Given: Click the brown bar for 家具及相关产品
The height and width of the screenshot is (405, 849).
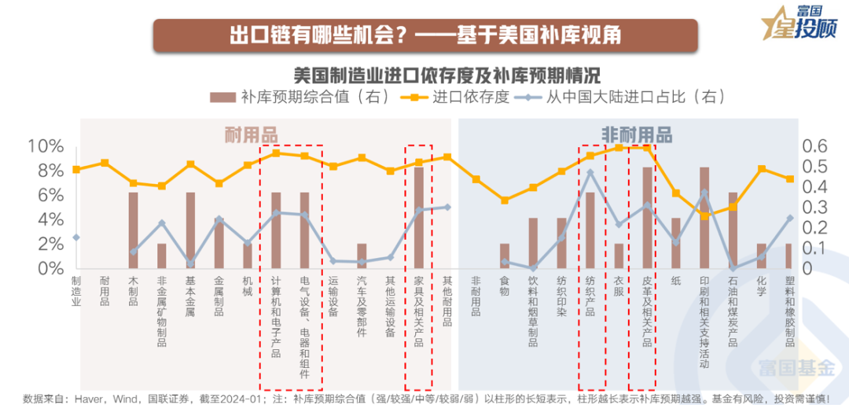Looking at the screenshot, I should click(x=418, y=218).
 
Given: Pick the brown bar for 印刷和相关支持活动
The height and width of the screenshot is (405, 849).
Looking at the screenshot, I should click(x=704, y=218).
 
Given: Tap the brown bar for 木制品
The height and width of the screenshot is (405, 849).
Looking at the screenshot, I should click(x=133, y=230).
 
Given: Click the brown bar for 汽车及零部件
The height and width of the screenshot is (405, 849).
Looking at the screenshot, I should click(x=362, y=256).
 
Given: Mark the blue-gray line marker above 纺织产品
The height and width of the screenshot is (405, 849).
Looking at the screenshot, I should click(x=590, y=172).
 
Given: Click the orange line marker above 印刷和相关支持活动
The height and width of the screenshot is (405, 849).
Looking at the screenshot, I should click(x=704, y=215).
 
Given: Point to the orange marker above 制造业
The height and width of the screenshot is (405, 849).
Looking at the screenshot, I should click(x=76, y=169).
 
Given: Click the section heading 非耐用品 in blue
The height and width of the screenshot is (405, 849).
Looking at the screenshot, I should click(x=637, y=134).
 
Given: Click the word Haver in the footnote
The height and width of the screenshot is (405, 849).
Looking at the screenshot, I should click(x=88, y=397).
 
